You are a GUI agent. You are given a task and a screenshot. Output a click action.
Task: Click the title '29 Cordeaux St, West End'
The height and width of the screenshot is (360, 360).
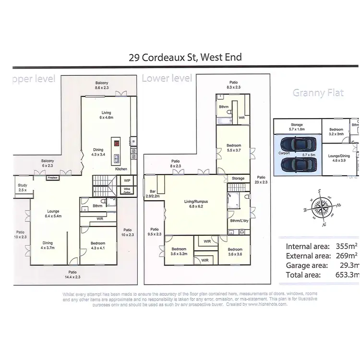point(185,58)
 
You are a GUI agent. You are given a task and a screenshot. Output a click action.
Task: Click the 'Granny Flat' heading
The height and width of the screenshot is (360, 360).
point(318,93)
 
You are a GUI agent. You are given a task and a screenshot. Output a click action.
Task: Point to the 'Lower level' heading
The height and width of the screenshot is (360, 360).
point(167,78)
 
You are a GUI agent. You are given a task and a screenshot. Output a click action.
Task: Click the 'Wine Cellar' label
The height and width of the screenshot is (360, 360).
point(127,191)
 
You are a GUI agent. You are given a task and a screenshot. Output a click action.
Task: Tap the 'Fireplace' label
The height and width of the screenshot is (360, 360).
point(52,178)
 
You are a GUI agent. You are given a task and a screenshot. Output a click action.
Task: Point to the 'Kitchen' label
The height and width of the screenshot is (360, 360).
point(121,169)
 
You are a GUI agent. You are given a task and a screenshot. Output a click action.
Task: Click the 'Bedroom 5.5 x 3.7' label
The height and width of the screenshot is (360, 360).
point(234,148)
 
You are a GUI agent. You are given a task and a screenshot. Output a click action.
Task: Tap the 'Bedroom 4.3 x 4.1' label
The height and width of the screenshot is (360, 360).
point(97,246)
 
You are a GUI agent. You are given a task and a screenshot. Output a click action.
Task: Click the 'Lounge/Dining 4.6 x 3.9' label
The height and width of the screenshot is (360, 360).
point(338,159)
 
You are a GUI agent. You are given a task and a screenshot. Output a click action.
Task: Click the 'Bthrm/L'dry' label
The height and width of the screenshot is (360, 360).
point(239,221)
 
